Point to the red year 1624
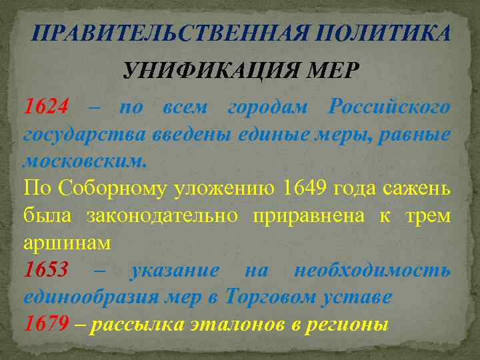pos(46,107)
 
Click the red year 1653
pos(46,270)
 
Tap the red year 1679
pos(46,324)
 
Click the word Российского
pos(389,107)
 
